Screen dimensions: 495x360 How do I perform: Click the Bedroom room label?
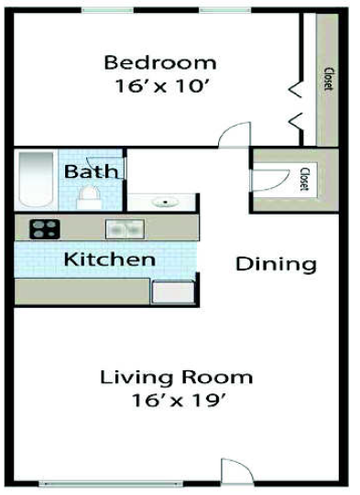coord(160,63)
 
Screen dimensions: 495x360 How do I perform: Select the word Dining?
coord(276,265)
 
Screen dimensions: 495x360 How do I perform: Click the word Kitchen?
coord(109,259)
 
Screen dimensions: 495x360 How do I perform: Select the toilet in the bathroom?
coord(89,195)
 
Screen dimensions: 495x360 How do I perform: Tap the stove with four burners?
coord(44,229)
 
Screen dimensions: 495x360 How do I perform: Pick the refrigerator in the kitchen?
coord(171,291)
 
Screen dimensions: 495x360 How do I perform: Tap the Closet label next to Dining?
coord(304,178)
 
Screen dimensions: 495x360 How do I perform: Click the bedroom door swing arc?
coord(235,135)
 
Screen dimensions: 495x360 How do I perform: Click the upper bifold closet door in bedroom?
coord(296,89)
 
